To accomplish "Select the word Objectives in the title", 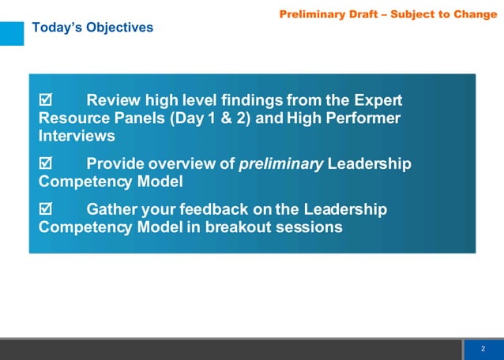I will click(x=118, y=28).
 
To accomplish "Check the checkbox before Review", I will click(x=45, y=101).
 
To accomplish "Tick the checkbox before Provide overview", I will click(x=45, y=164).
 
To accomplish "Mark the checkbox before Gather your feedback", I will click(x=45, y=210).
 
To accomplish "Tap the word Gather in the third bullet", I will click(x=113, y=210).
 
